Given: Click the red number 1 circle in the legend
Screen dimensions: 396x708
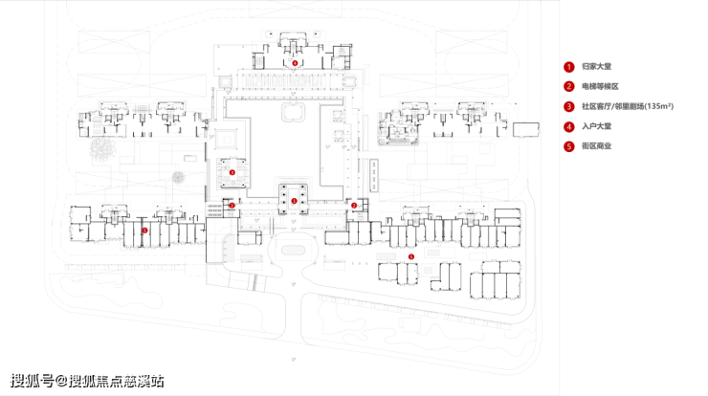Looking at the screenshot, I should click(x=568, y=67).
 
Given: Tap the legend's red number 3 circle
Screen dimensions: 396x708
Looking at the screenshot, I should click(x=568, y=107).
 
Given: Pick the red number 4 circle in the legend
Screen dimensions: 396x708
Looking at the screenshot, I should click(x=568, y=126).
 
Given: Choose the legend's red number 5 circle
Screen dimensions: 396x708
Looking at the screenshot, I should click(x=568, y=146).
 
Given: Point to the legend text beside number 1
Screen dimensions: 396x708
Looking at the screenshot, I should click(x=597, y=67).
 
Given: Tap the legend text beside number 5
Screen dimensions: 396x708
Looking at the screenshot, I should click(x=597, y=146).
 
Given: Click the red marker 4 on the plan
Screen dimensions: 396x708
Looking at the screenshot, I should click(x=295, y=62).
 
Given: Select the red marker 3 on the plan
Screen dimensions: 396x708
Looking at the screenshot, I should click(x=232, y=172).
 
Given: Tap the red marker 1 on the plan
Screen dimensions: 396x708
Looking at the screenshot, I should click(x=295, y=201).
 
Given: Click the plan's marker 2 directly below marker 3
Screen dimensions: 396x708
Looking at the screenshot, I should click(x=232, y=205).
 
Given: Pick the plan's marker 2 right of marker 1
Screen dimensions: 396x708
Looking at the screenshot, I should click(x=353, y=205).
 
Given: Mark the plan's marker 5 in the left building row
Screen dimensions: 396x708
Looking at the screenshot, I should click(x=144, y=230).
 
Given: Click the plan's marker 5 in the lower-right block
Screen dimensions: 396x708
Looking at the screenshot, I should click(x=411, y=256).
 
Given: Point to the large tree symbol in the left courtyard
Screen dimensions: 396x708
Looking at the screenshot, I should click(x=101, y=148).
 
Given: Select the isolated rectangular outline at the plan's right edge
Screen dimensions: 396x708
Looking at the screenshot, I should click(x=527, y=130).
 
